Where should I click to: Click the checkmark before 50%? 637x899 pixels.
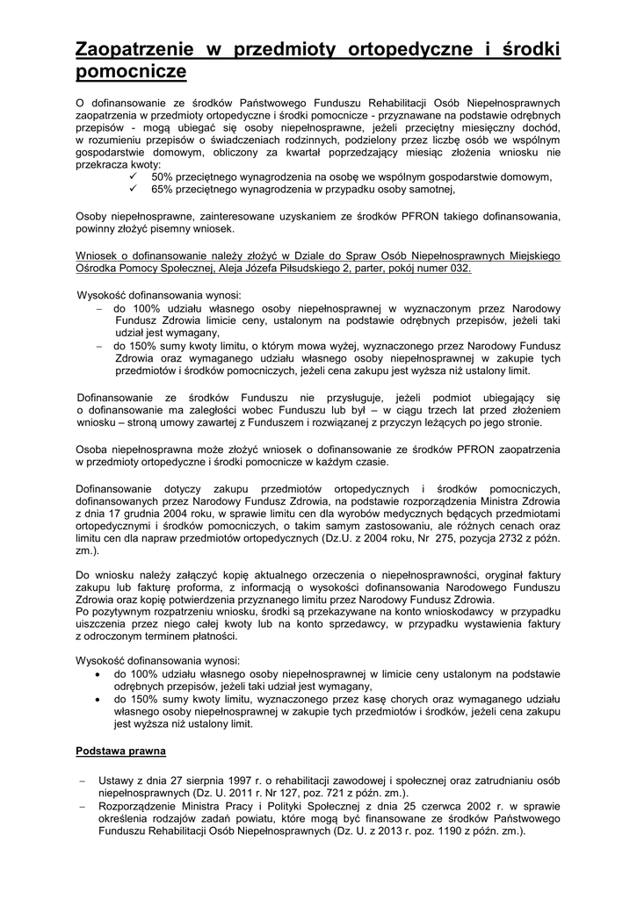[x=133, y=176]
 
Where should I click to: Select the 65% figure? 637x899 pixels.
[x=163, y=189]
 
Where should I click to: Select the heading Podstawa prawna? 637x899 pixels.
[x=115, y=752]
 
